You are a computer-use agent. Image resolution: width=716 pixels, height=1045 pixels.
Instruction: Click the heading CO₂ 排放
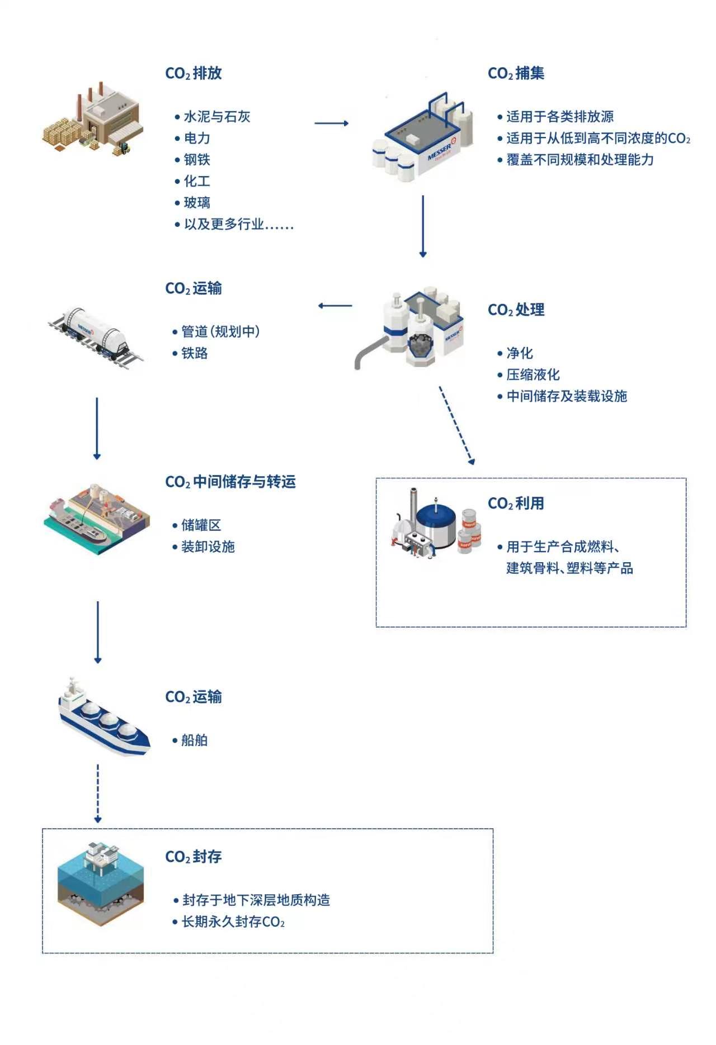point(194,74)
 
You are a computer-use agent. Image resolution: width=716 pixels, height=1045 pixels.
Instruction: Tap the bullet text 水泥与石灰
point(217,117)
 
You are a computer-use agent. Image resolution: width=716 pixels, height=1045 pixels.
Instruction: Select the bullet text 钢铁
point(197,160)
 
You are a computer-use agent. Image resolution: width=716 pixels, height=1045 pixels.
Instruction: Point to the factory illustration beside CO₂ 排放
point(93,118)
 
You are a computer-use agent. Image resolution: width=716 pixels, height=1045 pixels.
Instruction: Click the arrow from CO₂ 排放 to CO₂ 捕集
point(332,123)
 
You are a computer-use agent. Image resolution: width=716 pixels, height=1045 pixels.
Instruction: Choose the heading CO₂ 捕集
point(516,74)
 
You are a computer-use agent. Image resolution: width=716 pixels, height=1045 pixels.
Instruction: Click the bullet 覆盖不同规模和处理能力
point(580,160)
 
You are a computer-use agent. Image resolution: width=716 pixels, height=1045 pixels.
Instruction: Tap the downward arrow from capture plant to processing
point(423,226)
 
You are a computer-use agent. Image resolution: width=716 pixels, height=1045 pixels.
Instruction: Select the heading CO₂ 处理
point(516,310)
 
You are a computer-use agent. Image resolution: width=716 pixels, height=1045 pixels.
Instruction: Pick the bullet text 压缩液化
point(533,375)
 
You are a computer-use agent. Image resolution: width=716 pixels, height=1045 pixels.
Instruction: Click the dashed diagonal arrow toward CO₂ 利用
point(457,425)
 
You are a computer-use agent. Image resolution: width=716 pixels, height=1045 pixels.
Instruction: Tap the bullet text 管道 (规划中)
point(220,332)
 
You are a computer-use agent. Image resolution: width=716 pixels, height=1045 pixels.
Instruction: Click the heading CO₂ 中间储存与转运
point(230,482)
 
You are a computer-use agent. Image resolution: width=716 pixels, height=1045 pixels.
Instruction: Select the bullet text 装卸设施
point(208,547)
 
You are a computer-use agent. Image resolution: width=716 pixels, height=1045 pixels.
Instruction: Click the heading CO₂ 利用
point(516,504)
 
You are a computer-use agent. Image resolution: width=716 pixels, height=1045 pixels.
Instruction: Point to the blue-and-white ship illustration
point(103,718)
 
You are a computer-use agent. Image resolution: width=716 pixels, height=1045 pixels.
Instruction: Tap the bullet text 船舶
point(195,740)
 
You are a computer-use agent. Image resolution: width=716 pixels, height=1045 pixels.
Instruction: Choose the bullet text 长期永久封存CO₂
point(233,922)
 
